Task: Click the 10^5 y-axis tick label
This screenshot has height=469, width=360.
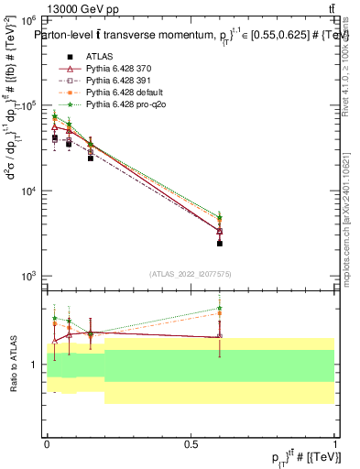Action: (29, 105)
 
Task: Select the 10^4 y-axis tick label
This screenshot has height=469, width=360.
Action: (29, 191)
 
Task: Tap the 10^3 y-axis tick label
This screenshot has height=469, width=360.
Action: (29, 276)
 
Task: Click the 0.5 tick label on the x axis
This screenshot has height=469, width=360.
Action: (191, 443)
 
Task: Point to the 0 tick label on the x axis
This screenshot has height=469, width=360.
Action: (47, 443)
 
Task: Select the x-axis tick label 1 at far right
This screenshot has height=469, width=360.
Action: (334, 443)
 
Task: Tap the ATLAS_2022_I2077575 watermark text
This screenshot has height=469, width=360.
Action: (191, 273)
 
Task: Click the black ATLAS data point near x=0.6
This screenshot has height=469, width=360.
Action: (220, 244)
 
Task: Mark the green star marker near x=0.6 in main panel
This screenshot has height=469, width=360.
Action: (220, 218)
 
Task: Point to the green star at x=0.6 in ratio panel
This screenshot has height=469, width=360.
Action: (220, 308)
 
